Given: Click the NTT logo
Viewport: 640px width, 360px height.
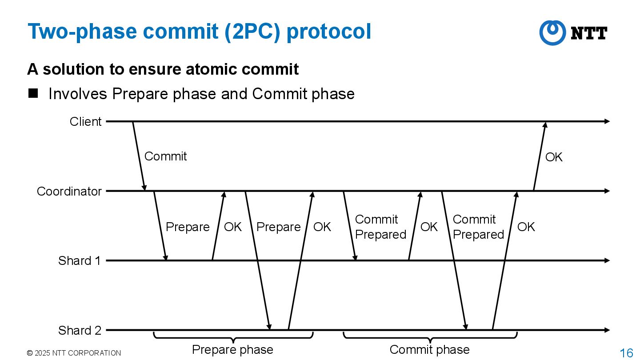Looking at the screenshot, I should (x=573, y=32).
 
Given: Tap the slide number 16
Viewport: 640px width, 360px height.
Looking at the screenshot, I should (x=626, y=353).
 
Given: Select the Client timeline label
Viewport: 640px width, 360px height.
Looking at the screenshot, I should (x=85, y=121).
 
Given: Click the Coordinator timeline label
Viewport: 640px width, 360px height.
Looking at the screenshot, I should (x=69, y=191).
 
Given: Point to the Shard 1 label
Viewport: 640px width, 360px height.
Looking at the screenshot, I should (x=79, y=260).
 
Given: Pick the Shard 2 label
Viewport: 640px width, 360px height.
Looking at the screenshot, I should (x=80, y=330).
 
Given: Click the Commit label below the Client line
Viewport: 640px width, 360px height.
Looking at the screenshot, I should (x=165, y=156).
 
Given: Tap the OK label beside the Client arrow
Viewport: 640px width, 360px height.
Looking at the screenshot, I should (x=554, y=157).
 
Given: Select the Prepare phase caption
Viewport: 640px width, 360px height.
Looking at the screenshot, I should (x=232, y=350).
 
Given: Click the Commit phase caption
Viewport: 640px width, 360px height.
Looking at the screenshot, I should (x=429, y=350).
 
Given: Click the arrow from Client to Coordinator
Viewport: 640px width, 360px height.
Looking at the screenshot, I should (x=139, y=156).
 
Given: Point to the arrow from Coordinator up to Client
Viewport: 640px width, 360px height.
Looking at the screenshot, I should (x=540, y=156).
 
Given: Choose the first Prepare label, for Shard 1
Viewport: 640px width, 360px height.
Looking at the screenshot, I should (x=187, y=227).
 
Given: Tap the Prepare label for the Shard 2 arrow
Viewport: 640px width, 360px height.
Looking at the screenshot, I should (x=279, y=227).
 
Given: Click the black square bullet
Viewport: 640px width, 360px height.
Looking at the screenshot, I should (x=33, y=93).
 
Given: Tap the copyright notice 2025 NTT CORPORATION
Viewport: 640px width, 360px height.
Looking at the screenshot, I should (x=74, y=353).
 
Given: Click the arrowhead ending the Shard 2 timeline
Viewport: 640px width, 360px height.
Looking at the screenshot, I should (x=607, y=330).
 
